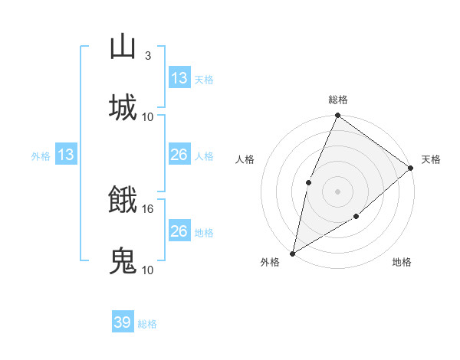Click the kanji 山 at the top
click(123, 47)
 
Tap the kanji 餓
click(123, 200)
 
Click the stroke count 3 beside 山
click(148, 56)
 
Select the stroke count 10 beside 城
click(148, 116)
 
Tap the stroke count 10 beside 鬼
click(148, 270)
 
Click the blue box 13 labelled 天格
click(179, 78)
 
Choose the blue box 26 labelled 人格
click(179, 155)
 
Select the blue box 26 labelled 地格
click(179, 231)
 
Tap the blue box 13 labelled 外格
click(66, 155)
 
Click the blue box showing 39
click(123, 322)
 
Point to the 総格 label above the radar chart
click(337, 100)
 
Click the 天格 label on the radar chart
click(431, 159)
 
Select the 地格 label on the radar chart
click(402, 262)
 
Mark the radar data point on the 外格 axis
click(292, 253)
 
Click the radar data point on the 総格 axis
click(337, 116)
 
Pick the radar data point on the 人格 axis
click(308, 182)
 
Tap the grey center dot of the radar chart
click(337, 191)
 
